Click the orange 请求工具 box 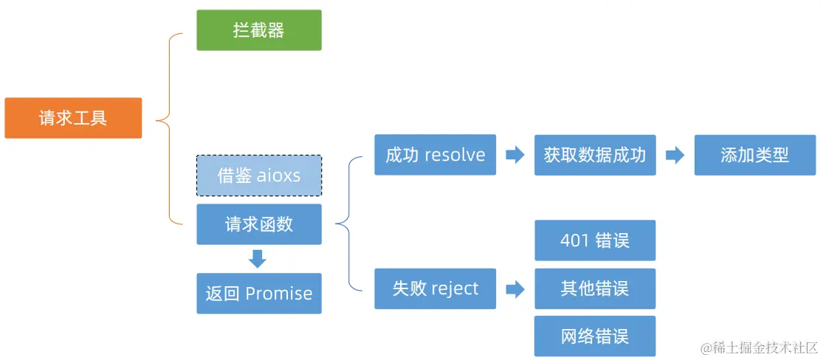73,118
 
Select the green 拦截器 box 258,30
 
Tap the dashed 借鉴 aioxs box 258,176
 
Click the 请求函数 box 258,224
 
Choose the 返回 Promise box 258,294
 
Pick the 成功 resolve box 435,155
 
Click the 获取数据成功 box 595,155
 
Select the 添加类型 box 754,155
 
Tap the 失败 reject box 435,288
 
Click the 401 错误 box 595,240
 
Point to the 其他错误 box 595,288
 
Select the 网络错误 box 595,336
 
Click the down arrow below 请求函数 258,259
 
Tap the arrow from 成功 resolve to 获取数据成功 514,155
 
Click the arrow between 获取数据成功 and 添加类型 675,155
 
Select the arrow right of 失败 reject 514,288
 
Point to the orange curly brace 169,118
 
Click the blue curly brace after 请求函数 349,224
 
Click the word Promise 279,294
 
